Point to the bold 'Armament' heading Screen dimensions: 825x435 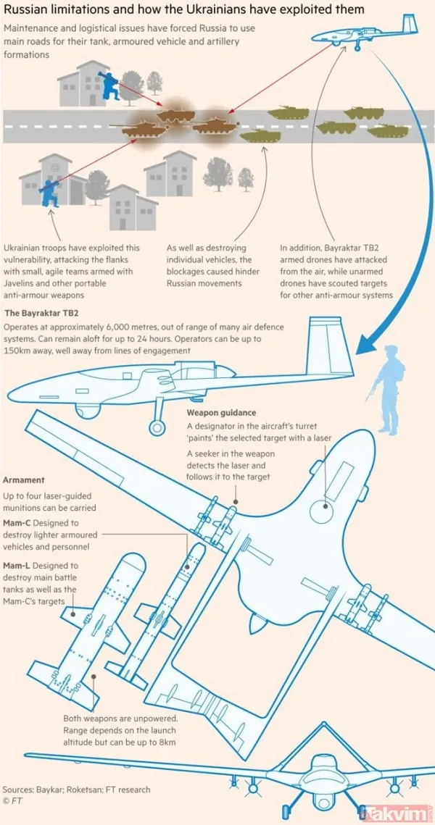(24, 480)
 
